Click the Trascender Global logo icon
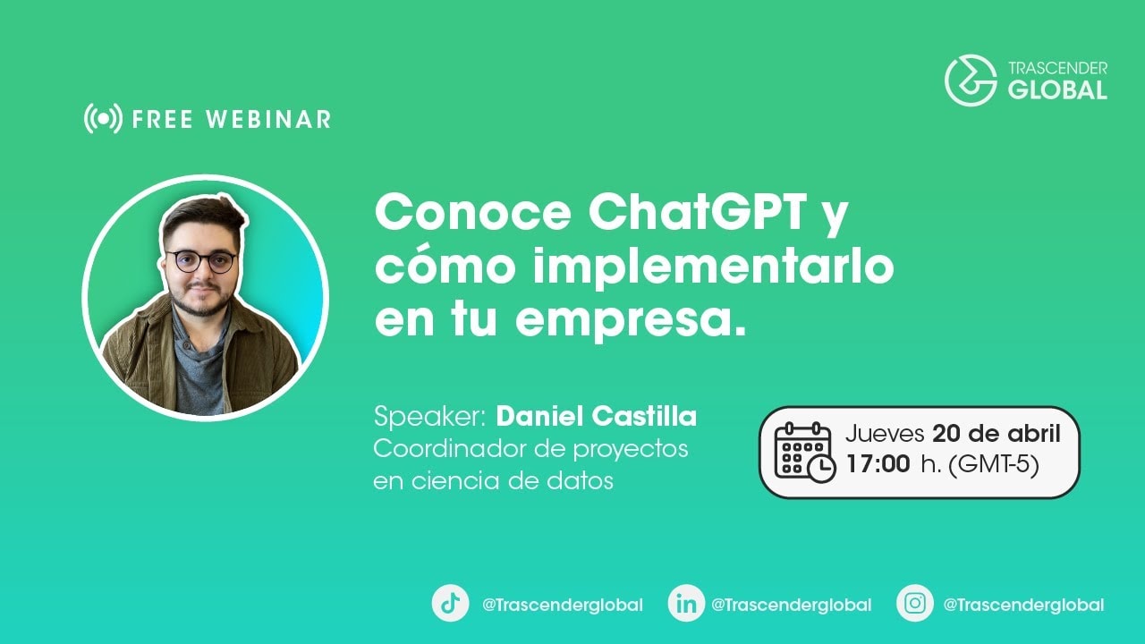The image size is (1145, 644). point(971,80)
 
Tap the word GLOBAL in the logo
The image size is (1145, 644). point(1057,89)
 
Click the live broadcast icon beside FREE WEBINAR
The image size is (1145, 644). point(103,118)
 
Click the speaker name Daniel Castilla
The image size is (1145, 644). point(596,417)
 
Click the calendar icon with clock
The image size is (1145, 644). point(804,452)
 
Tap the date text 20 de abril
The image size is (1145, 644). point(996,434)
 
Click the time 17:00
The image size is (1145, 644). point(878,464)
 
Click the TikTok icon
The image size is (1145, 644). point(450,603)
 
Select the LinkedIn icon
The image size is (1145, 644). point(686,603)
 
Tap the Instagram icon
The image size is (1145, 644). point(915,603)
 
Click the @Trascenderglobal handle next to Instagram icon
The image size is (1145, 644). point(1023,605)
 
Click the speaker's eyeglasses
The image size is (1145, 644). point(201,261)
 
